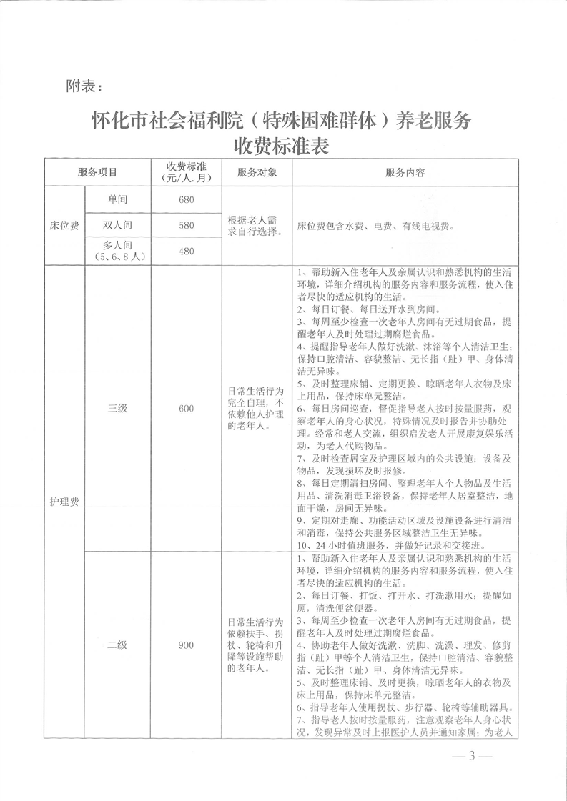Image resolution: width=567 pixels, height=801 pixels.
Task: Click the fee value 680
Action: (187, 199)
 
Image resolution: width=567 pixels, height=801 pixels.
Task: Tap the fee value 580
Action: (187, 225)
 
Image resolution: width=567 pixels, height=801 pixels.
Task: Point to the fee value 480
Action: (187, 252)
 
